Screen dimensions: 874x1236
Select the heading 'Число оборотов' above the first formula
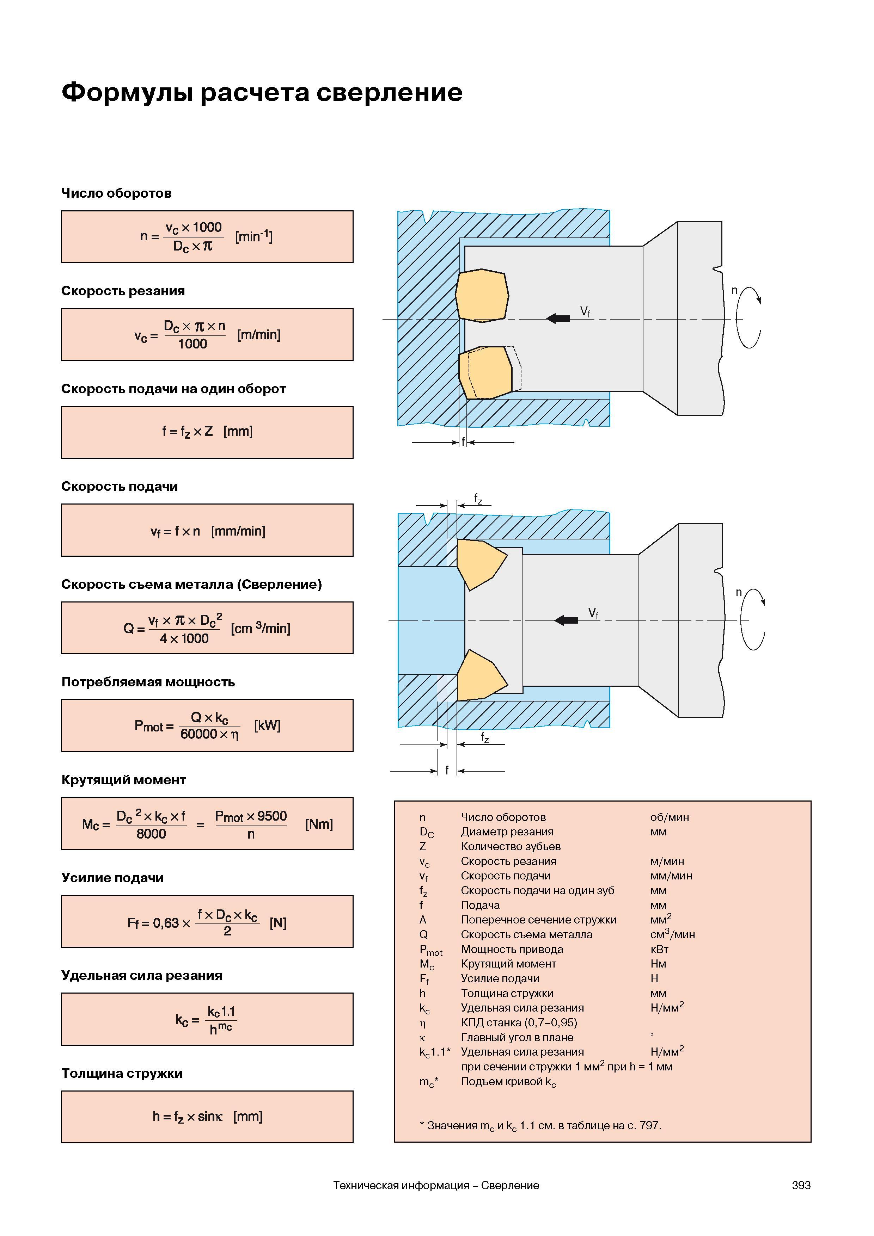(x=116, y=193)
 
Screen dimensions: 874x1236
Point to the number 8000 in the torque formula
(x=151, y=834)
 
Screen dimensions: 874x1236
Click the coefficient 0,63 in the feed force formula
(x=166, y=923)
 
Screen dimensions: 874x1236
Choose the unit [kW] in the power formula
(x=267, y=726)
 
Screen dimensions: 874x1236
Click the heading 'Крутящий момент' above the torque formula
(x=124, y=780)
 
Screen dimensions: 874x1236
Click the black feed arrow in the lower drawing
(x=566, y=620)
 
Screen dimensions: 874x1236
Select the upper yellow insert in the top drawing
(x=482, y=296)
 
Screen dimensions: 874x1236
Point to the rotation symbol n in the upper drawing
(x=734, y=291)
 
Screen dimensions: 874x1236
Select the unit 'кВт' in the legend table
(x=659, y=949)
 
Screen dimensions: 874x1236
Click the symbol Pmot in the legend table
(x=431, y=950)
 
